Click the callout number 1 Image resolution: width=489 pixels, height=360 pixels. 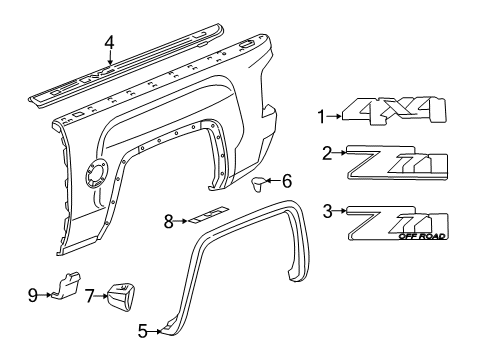(x=322, y=117)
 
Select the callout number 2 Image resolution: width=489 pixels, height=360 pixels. (x=327, y=153)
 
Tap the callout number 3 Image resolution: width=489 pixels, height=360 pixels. (x=327, y=210)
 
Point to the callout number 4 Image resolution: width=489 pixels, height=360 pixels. (x=110, y=41)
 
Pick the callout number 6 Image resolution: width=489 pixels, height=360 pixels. (x=286, y=181)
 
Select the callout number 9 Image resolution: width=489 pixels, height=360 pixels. (x=33, y=295)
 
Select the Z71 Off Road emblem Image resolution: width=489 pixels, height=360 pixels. (x=398, y=223)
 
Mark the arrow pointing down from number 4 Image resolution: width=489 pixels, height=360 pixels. (x=110, y=60)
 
